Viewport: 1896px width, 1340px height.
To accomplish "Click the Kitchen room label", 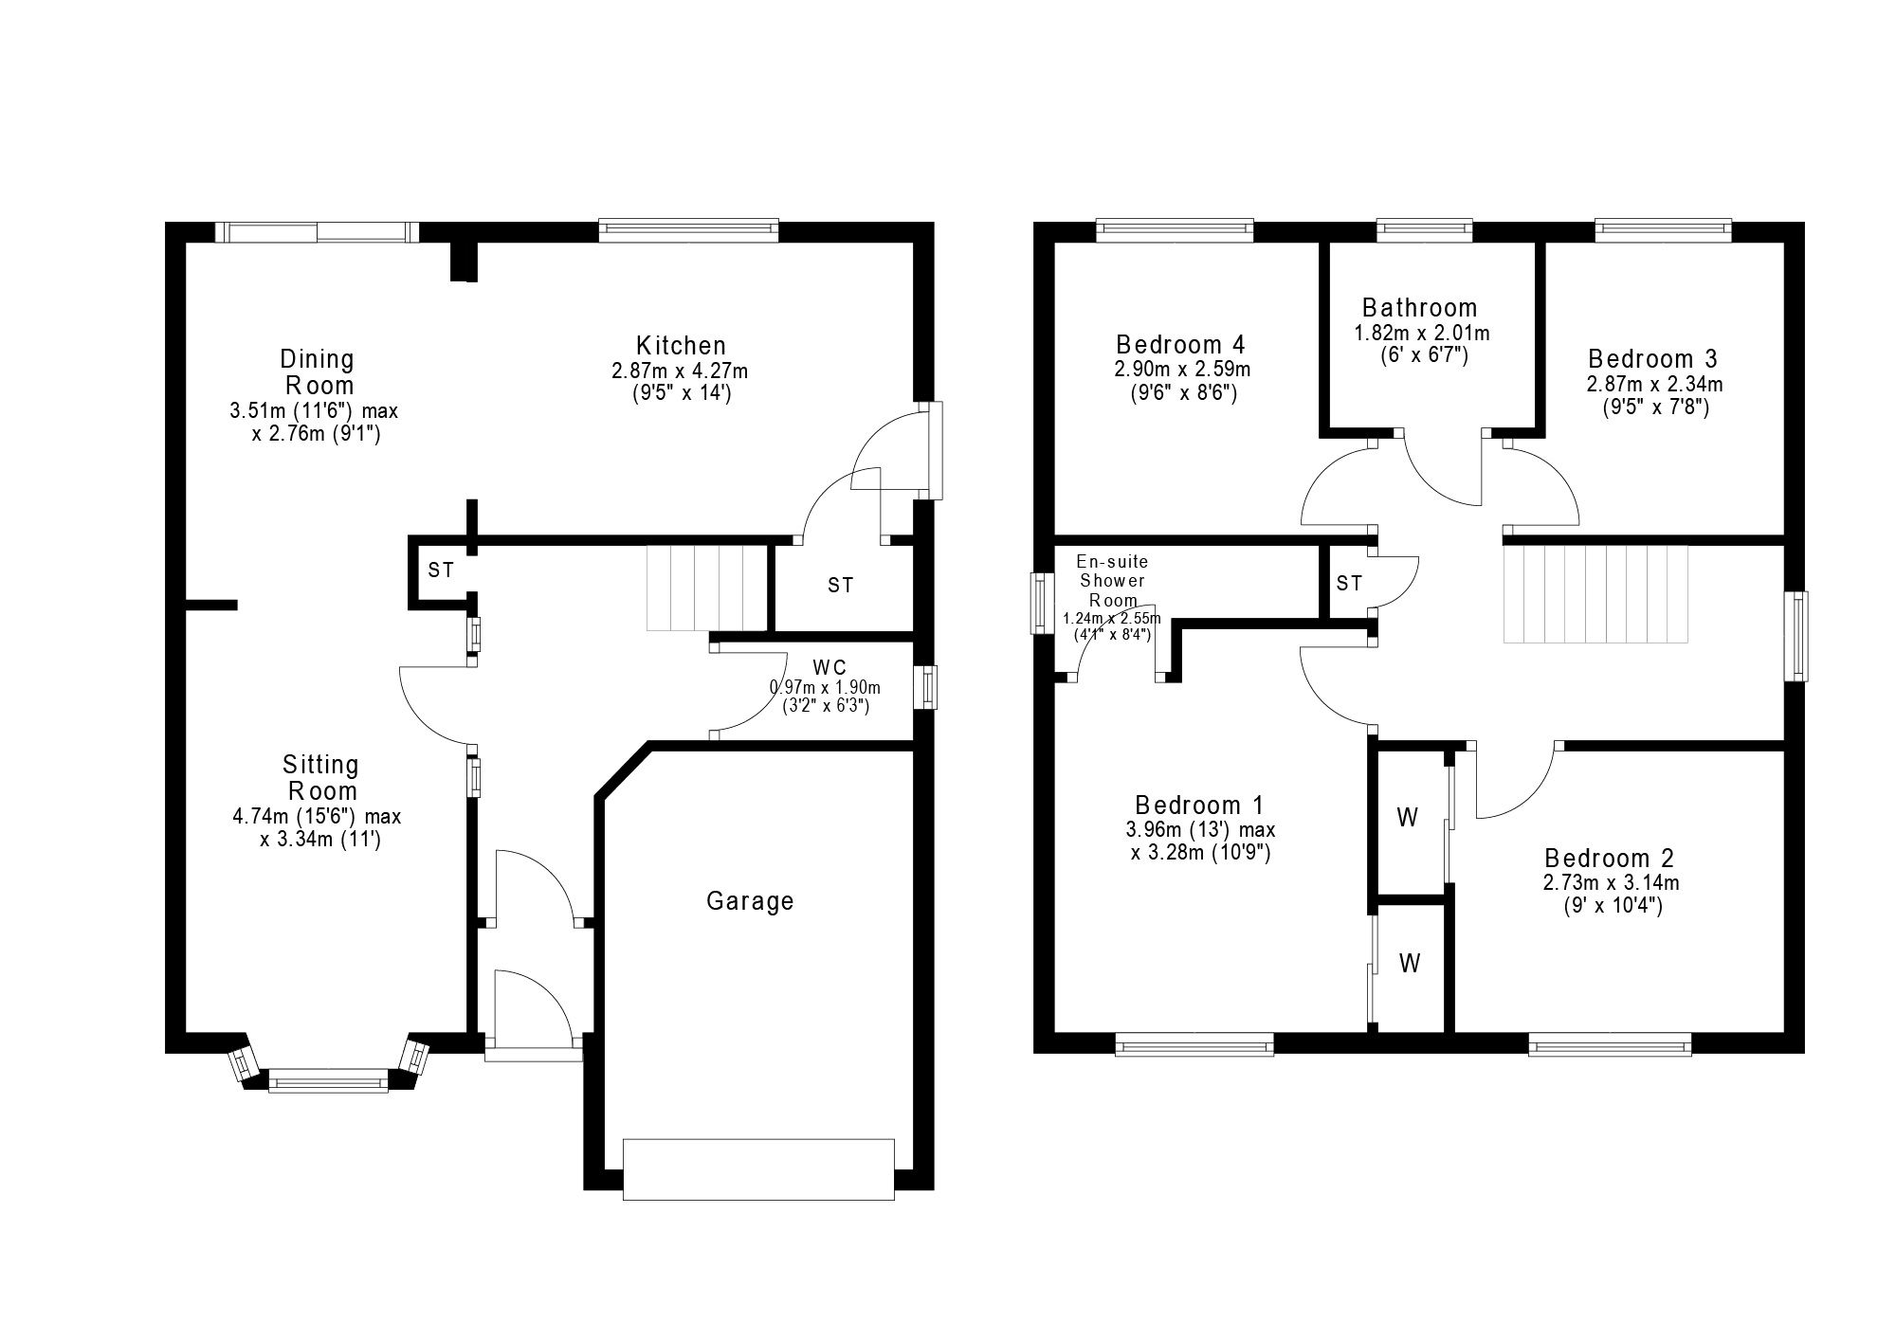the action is [681, 346].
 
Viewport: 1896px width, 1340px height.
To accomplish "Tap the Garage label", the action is [750, 901].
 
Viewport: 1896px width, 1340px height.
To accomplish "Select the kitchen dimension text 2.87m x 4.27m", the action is [680, 371].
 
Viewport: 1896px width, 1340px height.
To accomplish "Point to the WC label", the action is [829, 667].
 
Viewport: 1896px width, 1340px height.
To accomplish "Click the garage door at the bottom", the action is [758, 1169].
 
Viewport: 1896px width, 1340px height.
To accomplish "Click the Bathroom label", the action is [1419, 308].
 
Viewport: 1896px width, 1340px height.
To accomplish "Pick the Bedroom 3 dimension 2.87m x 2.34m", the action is [1654, 385].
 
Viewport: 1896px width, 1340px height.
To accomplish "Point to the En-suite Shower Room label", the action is [1112, 581].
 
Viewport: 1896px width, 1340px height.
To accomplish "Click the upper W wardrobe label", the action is [1408, 817].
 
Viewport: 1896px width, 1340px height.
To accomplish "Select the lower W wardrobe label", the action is [1410, 964].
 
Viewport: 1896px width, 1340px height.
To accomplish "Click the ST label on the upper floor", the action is [1349, 584].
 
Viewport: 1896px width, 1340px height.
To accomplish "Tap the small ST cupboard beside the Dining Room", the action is [441, 570].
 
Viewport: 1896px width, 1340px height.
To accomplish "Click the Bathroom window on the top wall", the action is [1424, 230].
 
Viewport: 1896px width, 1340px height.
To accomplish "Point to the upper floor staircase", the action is [1596, 594].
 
